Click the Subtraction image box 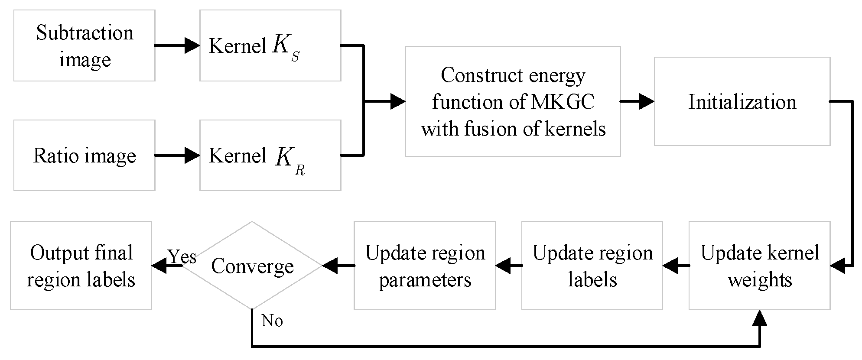pyautogui.click(x=84, y=45)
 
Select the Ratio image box pyautogui.click(x=84, y=156)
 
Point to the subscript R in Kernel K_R pyautogui.click(x=299, y=171)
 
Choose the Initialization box pyautogui.click(x=742, y=101)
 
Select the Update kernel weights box pyautogui.click(x=759, y=266)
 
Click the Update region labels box pyautogui.click(x=592, y=266)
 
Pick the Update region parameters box pyautogui.click(x=424, y=266)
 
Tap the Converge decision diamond pyautogui.click(x=252, y=266)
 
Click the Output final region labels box pyautogui.click(x=81, y=266)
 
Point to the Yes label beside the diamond pyautogui.click(x=182, y=256)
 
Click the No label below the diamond pyautogui.click(x=272, y=321)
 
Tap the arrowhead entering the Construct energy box pyautogui.click(x=397, y=101)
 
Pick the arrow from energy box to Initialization pyautogui.click(x=637, y=101)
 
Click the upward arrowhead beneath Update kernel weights pyautogui.click(x=759, y=318)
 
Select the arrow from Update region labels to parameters pyautogui.click(x=508, y=266)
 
